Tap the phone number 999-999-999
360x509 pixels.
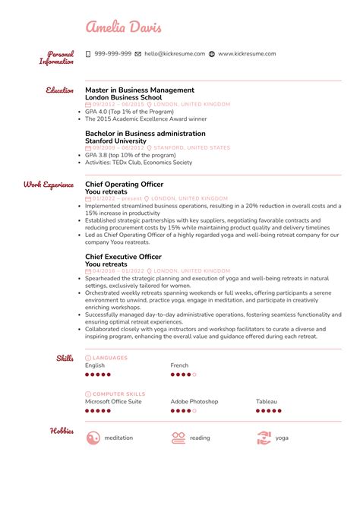[112, 54]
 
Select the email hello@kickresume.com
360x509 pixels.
[174, 54]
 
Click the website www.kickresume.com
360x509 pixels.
[247, 54]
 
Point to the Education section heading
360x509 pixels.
[59, 90]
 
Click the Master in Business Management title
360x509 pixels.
[140, 90]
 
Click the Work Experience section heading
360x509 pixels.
[49, 184]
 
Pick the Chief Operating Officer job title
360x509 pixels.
[124, 184]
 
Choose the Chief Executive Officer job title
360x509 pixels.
[123, 257]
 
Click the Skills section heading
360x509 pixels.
[65, 358]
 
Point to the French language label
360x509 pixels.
[179, 365]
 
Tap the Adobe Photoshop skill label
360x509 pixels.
[194, 401]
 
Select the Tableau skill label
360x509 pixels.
[266, 401]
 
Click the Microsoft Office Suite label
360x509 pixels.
[113, 401]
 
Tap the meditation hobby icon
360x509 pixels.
[94, 438]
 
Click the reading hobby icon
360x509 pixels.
[178, 438]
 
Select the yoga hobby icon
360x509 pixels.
[264, 438]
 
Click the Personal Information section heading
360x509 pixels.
[57, 58]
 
